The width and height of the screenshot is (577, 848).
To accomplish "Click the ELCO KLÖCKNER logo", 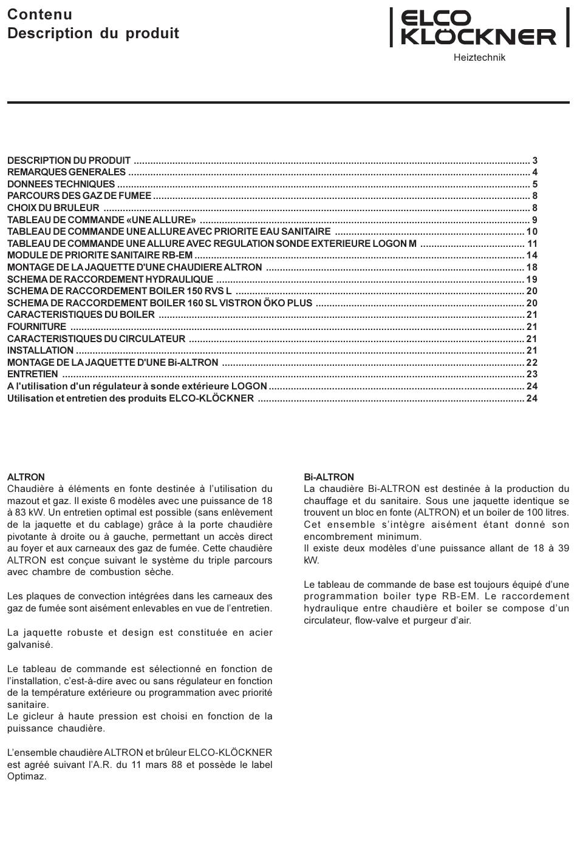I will click(x=479, y=28).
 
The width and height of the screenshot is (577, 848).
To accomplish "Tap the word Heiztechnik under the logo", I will click(x=479, y=58).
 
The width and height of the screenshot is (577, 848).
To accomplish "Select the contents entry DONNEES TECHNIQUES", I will click(x=61, y=184).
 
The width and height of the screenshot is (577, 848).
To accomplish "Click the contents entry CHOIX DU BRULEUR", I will click(x=53, y=208).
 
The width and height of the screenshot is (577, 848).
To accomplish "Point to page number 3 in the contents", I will click(x=535, y=161).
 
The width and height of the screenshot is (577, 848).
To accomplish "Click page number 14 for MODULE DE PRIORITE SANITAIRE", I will click(x=532, y=255).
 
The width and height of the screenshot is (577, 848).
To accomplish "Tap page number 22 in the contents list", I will click(x=532, y=363).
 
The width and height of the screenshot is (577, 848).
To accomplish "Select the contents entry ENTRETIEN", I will click(x=33, y=374).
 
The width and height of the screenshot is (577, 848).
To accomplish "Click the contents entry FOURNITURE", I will click(x=36, y=327).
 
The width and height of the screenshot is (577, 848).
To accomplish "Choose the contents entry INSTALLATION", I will click(x=40, y=351).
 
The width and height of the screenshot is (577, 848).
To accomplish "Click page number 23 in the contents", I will click(x=532, y=374).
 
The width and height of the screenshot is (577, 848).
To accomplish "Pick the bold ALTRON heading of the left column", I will click(x=26, y=477).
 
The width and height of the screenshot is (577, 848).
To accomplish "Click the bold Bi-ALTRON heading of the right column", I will click(x=329, y=477).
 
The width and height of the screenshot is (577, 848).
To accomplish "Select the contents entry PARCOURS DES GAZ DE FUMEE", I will click(x=79, y=196).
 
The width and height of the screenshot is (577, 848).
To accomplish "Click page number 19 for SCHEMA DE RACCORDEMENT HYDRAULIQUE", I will click(x=532, y=280).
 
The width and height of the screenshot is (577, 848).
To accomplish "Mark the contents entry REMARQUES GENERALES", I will click(x=66, y=172).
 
